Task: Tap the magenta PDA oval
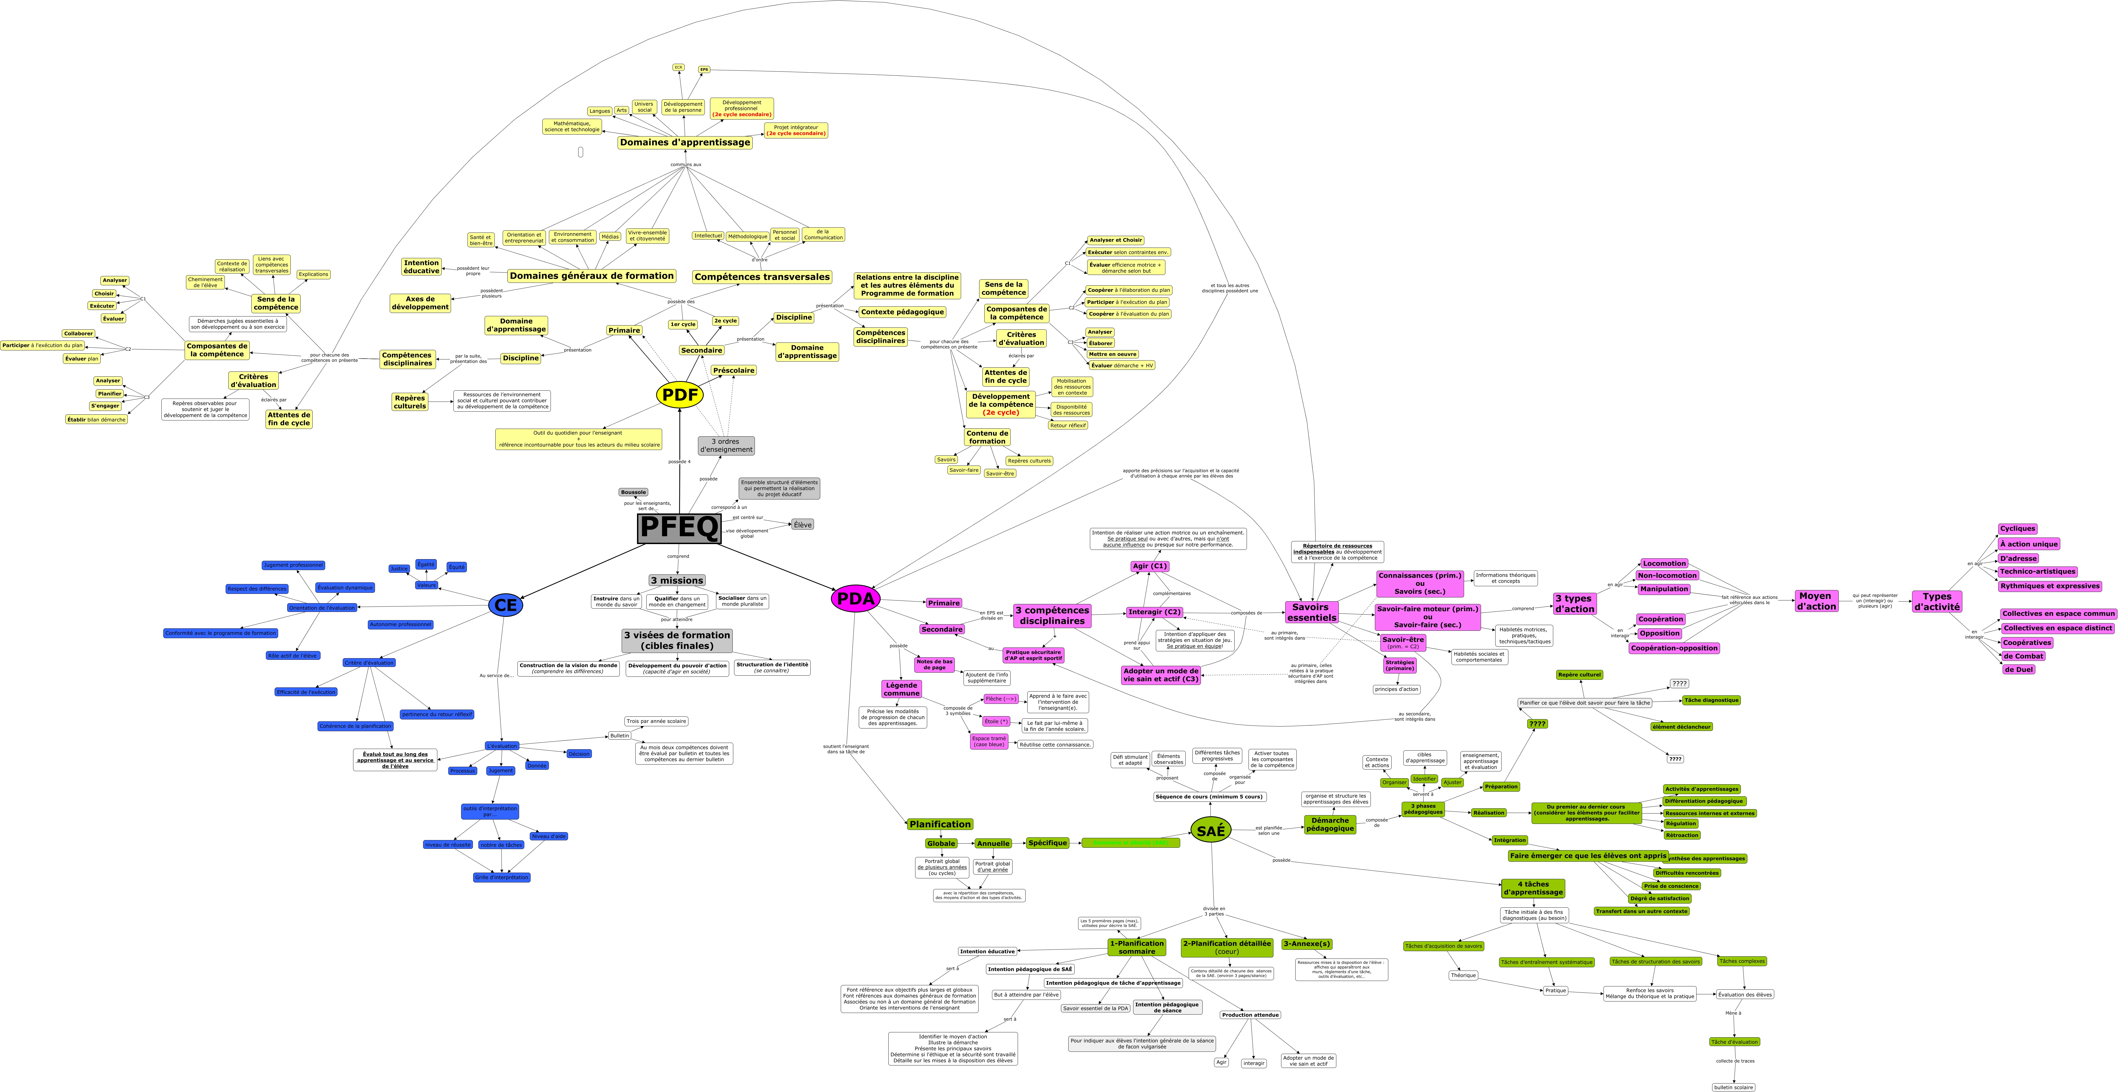point(855,599)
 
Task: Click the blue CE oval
point(506,605)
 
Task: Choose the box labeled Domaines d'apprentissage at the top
point(685,142)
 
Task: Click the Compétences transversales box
point(762,277)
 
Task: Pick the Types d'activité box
point(1936,602)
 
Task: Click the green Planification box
point(940,824)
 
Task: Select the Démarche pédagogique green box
point(1329,824)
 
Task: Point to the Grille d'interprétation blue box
point(502,877)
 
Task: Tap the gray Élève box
point(802,525)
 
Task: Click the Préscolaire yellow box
point(734,370)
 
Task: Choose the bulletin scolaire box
point(1733,1087)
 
